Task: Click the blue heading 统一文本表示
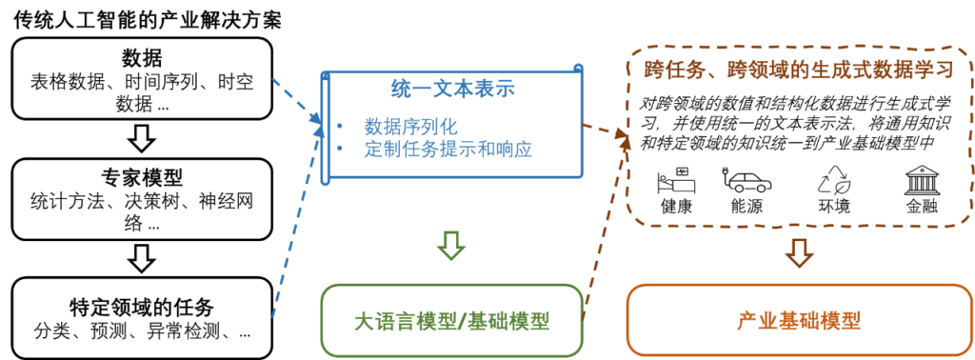point(452,90)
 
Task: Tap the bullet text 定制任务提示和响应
point(447,149)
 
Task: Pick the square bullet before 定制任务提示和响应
point(340,149)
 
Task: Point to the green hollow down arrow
point(451,246)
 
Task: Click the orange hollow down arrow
point(799,251)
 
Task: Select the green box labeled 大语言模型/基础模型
point(451,320)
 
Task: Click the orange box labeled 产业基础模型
point(798,320)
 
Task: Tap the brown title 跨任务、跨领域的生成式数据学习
point(798,70)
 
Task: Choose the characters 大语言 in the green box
point(378,321)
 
